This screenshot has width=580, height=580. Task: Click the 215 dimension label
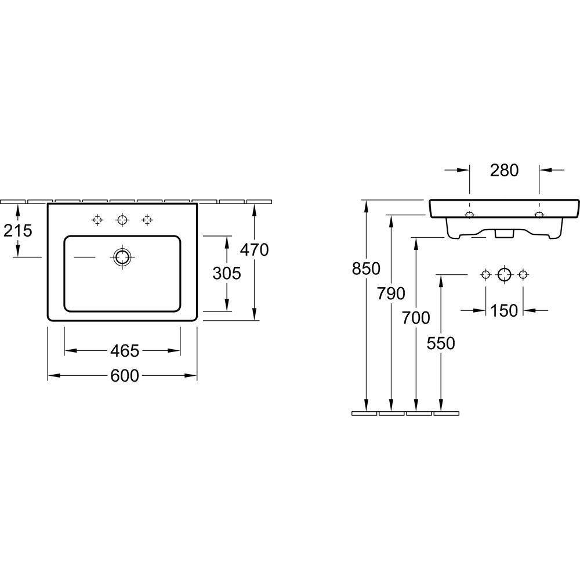point(18,231)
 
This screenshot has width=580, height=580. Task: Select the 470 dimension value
point(255,250)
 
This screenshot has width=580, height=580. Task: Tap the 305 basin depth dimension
point(227,273)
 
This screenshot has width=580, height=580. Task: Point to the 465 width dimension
point(125,351)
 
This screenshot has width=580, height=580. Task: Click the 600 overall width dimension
point(125,376)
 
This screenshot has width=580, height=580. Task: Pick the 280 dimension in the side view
point(504,170)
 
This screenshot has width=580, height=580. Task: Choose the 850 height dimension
point(366,269)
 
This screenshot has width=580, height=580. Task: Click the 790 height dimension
point(391,293)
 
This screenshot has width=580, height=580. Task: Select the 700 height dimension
point(416,318)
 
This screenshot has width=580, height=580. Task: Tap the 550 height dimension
point(441,343)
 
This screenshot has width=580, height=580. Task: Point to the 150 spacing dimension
point(504,310)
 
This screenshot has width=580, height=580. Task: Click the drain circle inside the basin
point(122,257)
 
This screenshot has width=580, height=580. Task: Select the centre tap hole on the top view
point(122,220)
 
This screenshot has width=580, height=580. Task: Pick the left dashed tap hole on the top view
point(97,220)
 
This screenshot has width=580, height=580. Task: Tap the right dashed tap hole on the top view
point(147,220)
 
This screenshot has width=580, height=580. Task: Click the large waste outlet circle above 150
point(504,275)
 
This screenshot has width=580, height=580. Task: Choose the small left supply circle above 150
point(485,275)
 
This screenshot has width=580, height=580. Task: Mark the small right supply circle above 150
point(523,275)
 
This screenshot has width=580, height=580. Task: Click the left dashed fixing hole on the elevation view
point(470,215)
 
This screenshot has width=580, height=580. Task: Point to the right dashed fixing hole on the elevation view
point(539,215)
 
